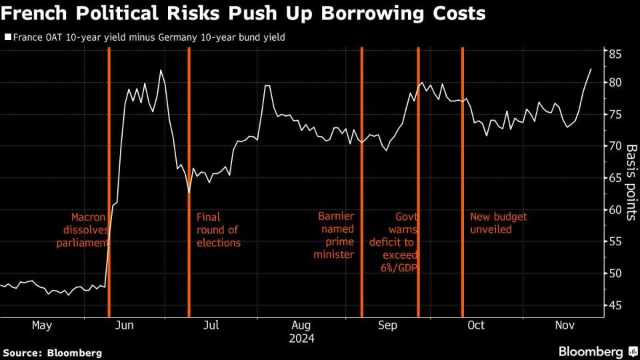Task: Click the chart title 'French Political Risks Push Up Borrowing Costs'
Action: pyautogui.click(x=243, y=13)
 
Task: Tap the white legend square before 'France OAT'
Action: pyautogui.click(x=7, y=37)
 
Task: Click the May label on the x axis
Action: pyautogui.click(x=41, y=325)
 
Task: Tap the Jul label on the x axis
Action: pyautogui.click(x=211, y=325)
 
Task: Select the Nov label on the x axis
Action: pyautogui.click(x=565, y=325)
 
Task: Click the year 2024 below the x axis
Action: pyautogui.click(x=301, y=338)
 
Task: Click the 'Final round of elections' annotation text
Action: pyautogui.click(x=218, y=230)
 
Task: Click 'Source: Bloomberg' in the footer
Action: pyautogui.click(x=52, y=352)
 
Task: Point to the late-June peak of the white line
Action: pyautogui.click(x=161, y=71)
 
